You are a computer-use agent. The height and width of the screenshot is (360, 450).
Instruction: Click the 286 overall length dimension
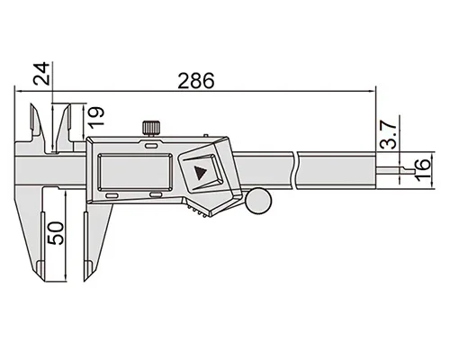tap(196, 80)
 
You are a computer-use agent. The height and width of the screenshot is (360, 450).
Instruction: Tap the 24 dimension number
tap(41, 74)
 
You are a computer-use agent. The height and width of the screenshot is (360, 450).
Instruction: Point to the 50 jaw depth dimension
tap(56, 233)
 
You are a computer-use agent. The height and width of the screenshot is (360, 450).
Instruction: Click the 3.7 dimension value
tap(388, 135)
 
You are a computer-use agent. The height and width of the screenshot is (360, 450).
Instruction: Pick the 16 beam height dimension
tap(422, 170)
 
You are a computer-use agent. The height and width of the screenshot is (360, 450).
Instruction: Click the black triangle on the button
tap(200, 173)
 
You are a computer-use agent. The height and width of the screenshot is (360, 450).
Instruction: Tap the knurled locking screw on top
tap(151, 128)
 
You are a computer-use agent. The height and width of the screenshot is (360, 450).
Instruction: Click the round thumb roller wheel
tap(258, 201)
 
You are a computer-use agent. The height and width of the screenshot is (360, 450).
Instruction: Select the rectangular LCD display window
tap(135, 172)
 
